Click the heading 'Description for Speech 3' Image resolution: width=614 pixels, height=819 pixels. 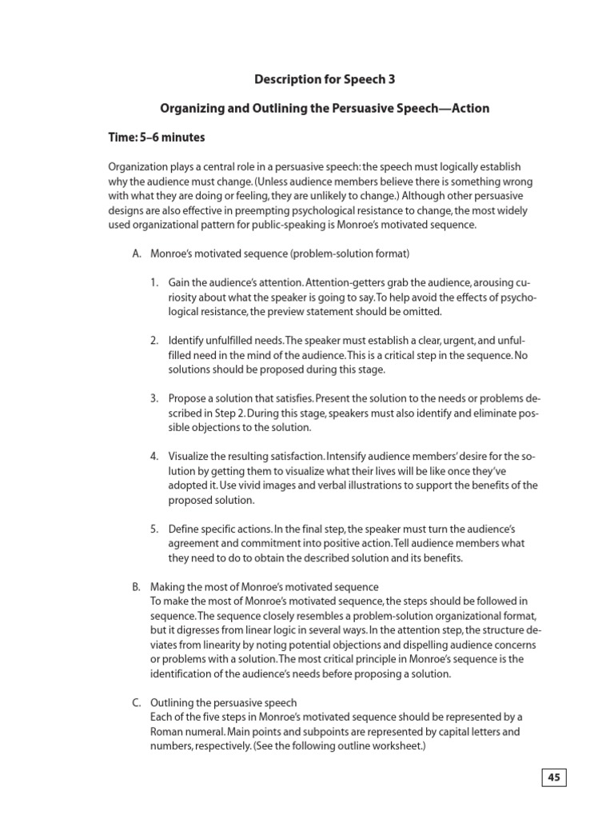[x=325, y=79]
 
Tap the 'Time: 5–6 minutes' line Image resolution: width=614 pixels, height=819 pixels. [x=157, y=138]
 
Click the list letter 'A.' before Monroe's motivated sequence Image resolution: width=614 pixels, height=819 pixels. [x=137, y=254]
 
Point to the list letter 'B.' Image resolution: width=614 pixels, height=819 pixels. [x=137, y=587]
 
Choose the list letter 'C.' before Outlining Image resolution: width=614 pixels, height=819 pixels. [x=137, y=702]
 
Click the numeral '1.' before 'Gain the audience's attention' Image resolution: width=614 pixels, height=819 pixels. [x=154, y=283]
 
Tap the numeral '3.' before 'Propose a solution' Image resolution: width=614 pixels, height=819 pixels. [x=154, y=398]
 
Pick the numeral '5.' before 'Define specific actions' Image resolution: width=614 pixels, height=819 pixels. [x=154, y=529]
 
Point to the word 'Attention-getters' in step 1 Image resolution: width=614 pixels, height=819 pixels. [x=344, y=283]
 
